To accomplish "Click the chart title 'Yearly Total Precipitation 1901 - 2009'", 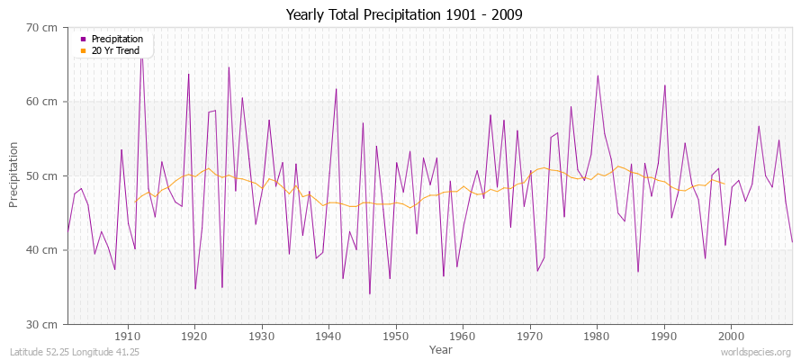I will coord(405,15).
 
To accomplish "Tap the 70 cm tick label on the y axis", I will coord(41,28).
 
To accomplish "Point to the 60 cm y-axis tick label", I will coord(41,102).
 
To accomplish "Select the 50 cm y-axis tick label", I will coord(41,175).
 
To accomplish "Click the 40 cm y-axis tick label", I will coord(41,249).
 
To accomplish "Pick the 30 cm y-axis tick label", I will coord(41,324).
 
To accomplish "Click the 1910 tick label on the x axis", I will coord(128,337).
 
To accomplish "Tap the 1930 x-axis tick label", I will coord(262,337).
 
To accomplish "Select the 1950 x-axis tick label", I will coord(396,337).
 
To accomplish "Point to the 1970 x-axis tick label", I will coord(530,337).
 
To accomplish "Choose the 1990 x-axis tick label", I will coord(664,337).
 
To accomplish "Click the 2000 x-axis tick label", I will coord(731,337).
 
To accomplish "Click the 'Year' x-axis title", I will coord(441,349).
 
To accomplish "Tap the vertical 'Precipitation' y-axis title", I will coord(14,175).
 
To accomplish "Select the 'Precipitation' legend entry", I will coord(117,39).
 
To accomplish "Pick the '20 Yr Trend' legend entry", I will coord(115,50).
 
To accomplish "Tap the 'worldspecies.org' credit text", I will coord(755,352).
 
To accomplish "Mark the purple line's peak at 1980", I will coord(598,76).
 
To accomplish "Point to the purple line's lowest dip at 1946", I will coord(369,293).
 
